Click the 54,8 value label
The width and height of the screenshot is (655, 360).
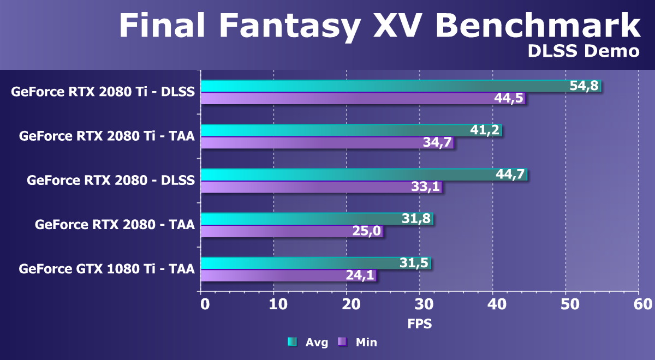585,86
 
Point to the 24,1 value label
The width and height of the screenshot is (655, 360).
360,275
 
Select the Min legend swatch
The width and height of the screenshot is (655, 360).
342,342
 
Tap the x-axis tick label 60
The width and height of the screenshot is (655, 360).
639,303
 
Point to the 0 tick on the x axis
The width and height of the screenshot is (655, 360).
205,303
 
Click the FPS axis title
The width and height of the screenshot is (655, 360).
420,323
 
